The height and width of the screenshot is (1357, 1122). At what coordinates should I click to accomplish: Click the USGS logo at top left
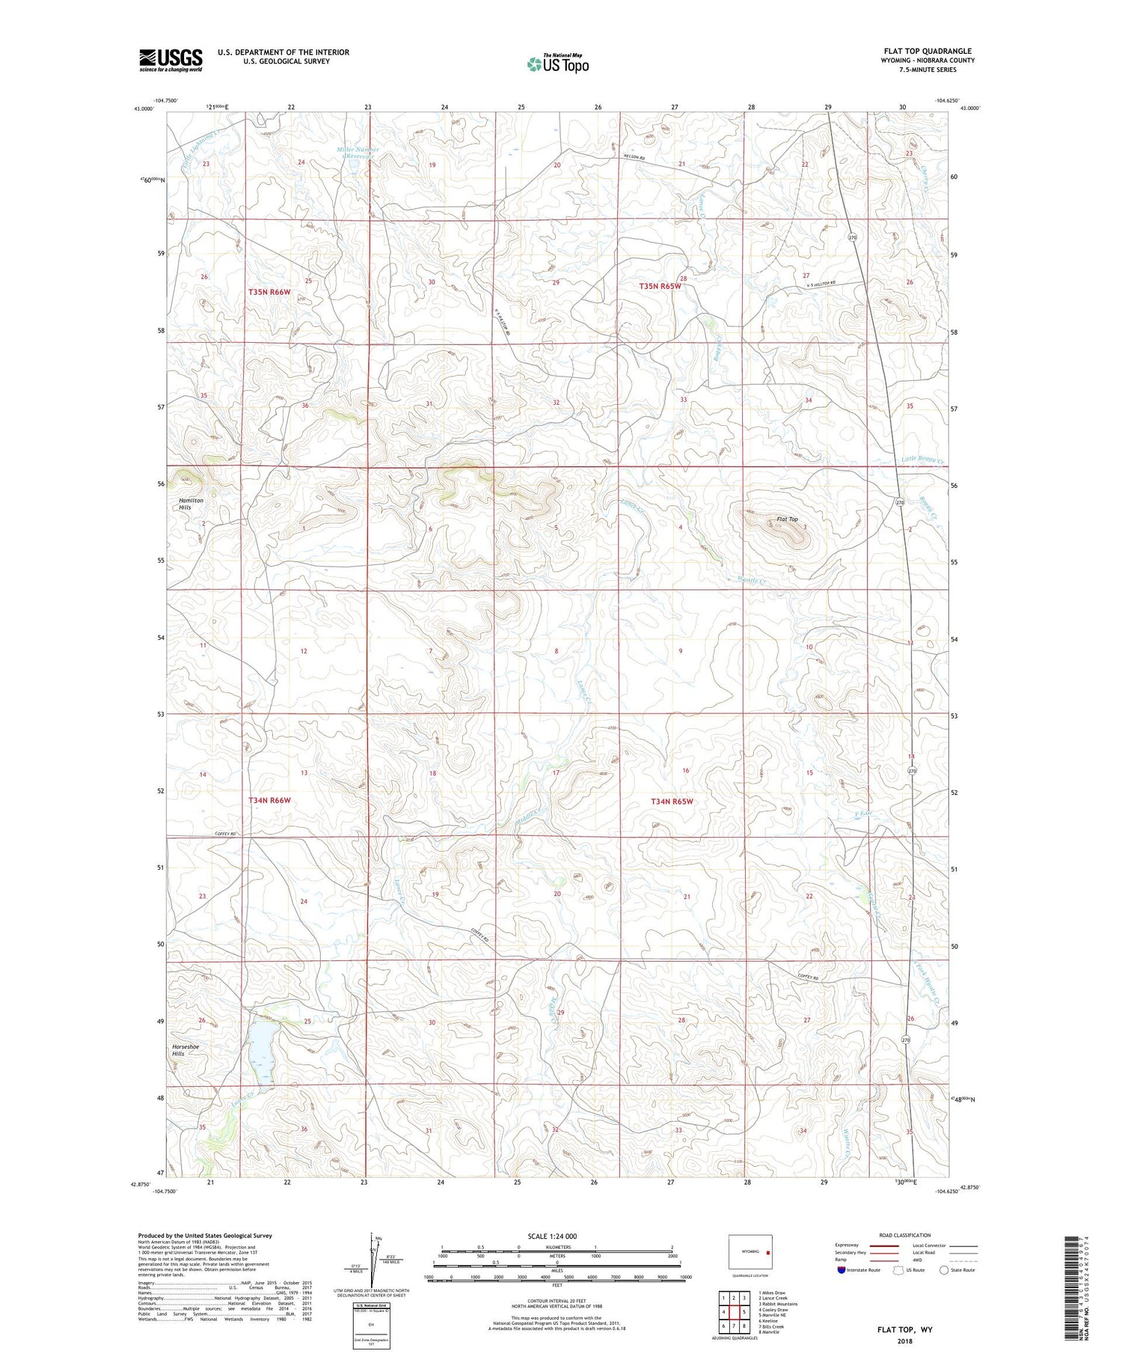pos(171,60)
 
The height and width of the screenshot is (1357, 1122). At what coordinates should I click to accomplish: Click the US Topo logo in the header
pos(557,64)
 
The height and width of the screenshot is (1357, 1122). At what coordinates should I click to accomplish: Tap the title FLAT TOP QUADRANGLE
pos(928,52)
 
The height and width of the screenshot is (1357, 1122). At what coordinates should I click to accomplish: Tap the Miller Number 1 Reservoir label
pos(358,153)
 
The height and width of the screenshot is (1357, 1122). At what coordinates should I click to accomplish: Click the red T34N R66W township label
pos(269,800)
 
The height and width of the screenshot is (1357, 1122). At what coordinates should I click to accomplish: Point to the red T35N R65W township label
pos(660,287)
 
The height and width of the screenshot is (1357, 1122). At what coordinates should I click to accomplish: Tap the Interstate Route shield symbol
pos(841,1270)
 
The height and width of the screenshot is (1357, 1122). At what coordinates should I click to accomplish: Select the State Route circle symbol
pos(944,1270)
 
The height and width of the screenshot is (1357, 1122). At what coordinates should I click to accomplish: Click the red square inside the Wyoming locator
pos(767,1251)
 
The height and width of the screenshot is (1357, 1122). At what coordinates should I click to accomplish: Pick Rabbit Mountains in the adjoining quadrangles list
pos(778,1304)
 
